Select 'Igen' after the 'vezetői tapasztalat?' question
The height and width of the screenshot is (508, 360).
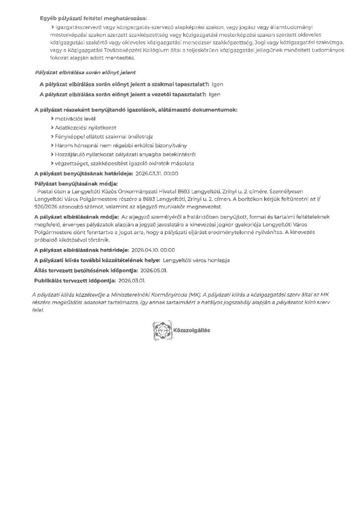coord(215,94)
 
